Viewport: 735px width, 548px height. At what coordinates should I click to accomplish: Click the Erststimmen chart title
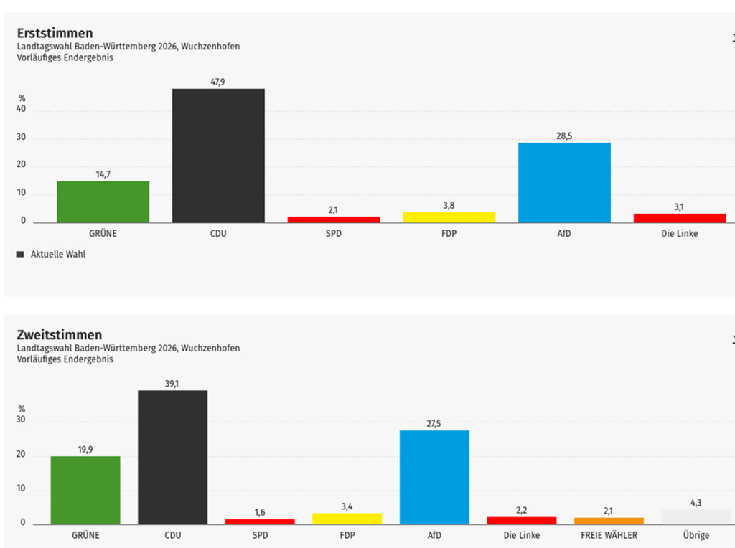point(55,33)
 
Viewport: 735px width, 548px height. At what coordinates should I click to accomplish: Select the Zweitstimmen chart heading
point(60,335)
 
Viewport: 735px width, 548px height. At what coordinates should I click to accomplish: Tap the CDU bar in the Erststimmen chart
point(218,155)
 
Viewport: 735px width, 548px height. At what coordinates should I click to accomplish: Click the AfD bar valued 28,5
point(564,182)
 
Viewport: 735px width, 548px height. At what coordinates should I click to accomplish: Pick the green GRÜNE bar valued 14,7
point(103,202)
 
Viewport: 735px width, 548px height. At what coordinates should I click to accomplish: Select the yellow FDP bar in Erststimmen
point(449,217)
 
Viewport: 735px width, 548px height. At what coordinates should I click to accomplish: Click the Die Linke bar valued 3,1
point(679,217)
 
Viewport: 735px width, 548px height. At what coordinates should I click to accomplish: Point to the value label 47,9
point(217,82)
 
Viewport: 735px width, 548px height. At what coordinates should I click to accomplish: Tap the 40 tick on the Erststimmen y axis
point(22,110)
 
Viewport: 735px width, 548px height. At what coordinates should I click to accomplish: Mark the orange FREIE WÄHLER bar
point(609,521)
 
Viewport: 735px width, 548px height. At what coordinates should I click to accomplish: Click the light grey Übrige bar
point(696,516)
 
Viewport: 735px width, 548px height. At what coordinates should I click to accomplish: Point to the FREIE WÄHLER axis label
point(609,535)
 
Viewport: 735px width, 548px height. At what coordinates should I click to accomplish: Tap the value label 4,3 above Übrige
point(696,503)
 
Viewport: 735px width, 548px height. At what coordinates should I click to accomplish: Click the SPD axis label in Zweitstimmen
point(259,535)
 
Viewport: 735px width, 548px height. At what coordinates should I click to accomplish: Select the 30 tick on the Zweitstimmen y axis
point(22,421)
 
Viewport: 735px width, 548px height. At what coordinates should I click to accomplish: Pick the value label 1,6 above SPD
point(259,512)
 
